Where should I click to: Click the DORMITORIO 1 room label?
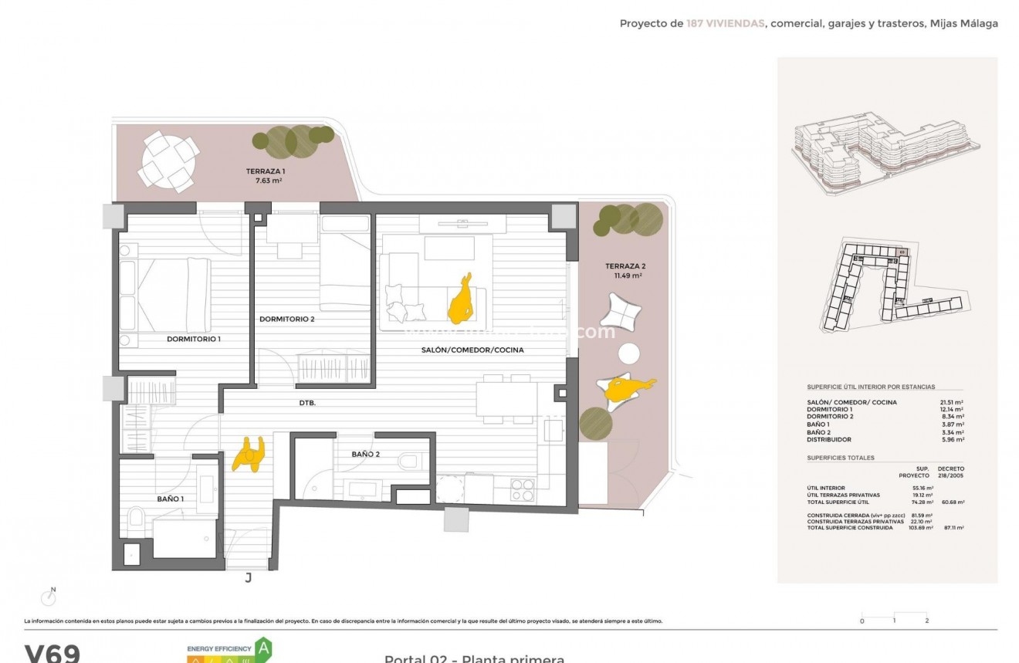click(194, 339)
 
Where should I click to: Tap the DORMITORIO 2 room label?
click(286, 319)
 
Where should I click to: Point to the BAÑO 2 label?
click(365, 455)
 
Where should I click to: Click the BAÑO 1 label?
click(171, 499)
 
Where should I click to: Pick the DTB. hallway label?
click(307, 403)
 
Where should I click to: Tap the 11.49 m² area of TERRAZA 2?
click(627, 276)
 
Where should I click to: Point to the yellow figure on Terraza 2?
click(628, 388)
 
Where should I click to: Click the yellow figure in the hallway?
click(249, 454)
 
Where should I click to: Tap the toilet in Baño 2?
click(410, 462)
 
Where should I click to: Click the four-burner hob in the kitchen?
click(523, 489)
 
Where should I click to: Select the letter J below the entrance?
click(248, 577)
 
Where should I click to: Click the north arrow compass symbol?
click(49, 597)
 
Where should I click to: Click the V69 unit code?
click(52, 654)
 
